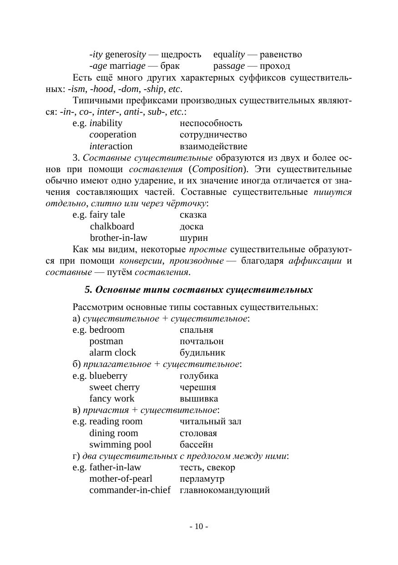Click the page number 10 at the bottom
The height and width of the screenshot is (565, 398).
[x=199, y=527]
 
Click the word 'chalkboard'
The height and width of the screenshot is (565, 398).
[x=112, y=227]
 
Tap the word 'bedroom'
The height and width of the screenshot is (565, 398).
[x=107, y=330]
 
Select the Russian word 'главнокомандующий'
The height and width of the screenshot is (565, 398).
[x=225, y=490]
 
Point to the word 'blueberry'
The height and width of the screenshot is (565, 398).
[x=108, y=376]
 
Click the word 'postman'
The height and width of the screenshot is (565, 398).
[x=106, y=341]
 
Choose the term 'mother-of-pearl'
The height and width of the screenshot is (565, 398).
[x=121, y=479]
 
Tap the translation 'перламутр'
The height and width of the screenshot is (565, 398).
[x=202, y=479]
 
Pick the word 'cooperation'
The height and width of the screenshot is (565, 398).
[x=113, y=135]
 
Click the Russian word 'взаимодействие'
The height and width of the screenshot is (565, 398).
[x=213, y=147]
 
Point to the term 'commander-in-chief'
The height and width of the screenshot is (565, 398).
[x=130, y=490]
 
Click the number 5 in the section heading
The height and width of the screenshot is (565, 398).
[x=88, y=290]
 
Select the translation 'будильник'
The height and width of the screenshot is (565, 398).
[x=202, y=353]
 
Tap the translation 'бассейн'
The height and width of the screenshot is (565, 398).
[x=196, y=445]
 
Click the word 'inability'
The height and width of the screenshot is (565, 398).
[x=106, y=123]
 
